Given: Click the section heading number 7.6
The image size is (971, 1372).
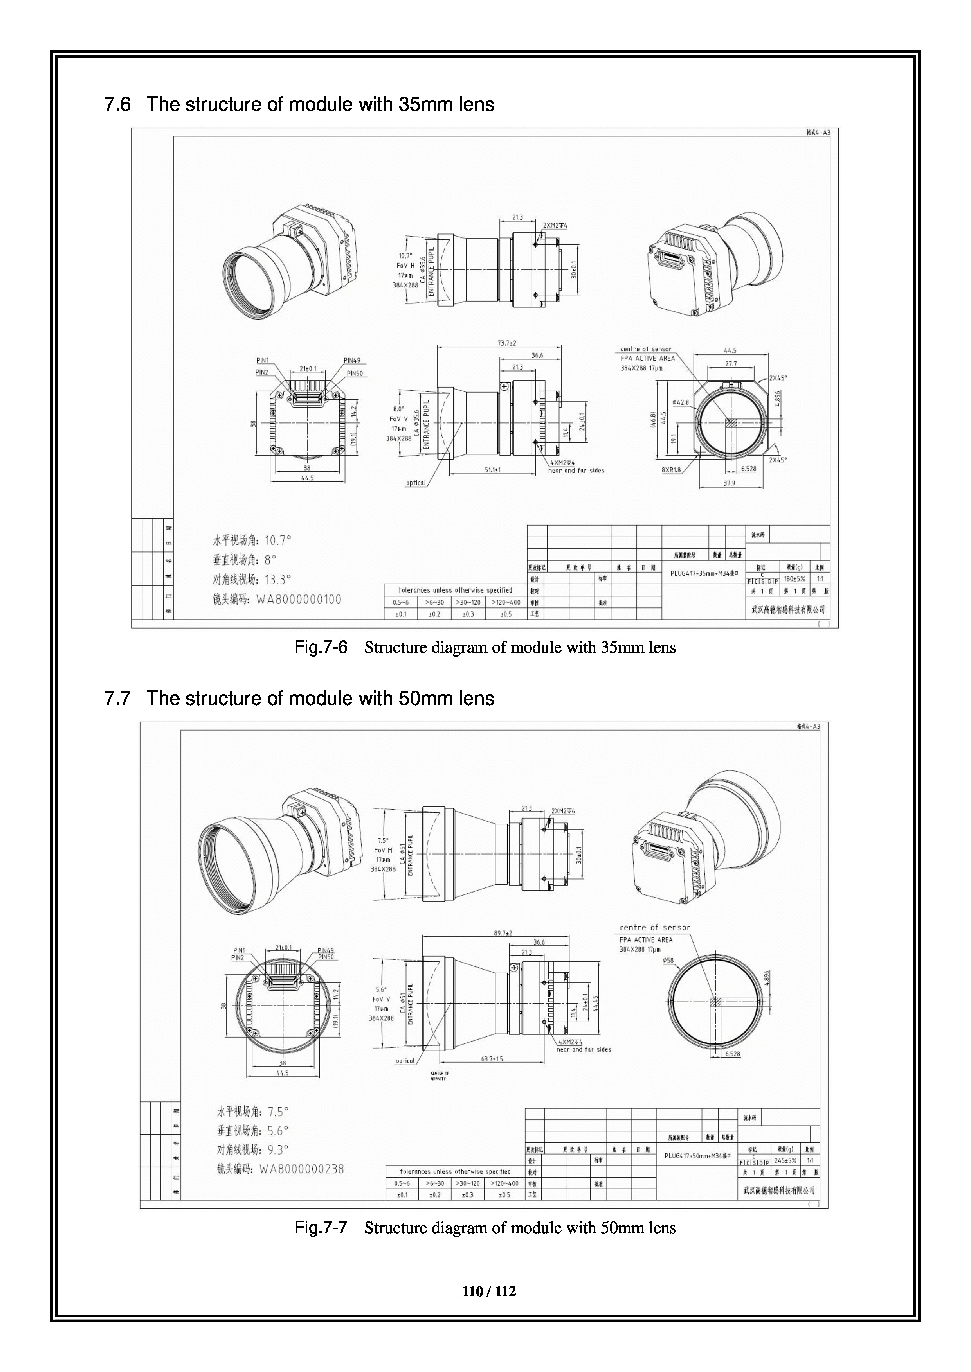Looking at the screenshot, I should (117, 104).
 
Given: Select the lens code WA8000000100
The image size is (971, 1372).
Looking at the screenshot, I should (299, 599).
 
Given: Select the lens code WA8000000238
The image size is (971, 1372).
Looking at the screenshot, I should (301, 1169).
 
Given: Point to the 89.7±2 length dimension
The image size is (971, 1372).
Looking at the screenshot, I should (503, 933).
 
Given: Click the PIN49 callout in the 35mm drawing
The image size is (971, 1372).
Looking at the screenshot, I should (351, 360).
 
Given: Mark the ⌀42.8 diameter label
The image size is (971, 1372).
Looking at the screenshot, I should (681, 402).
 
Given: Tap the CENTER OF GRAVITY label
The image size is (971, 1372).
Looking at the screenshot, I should (440, 1076).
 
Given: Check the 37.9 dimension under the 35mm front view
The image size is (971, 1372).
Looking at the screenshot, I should (730, 483).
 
